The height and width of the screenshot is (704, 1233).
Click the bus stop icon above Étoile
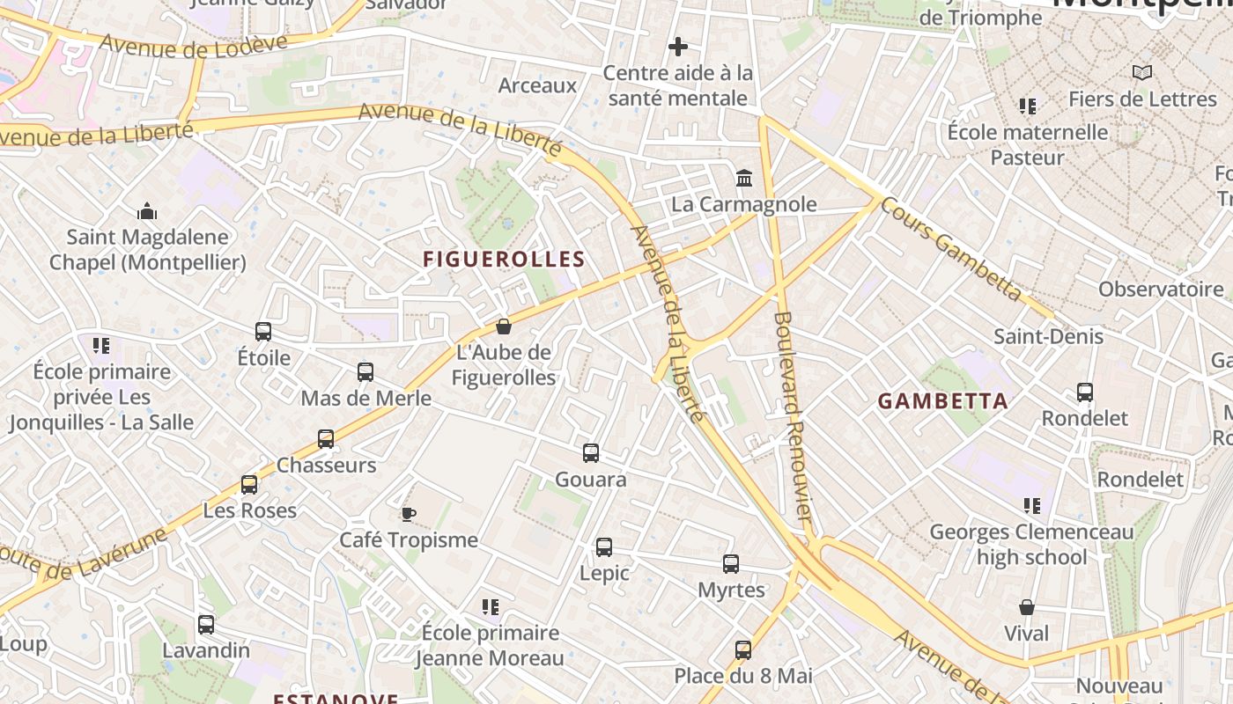(263, 332)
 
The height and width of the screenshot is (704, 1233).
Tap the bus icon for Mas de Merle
(365, 372)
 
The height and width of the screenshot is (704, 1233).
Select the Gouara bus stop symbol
(591, 453)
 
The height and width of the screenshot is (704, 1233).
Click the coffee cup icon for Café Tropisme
(408, 514)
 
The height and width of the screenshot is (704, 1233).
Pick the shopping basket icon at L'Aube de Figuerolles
(504, 326)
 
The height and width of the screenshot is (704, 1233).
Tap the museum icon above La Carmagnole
(744, 179)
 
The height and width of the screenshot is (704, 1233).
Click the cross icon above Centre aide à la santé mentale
(677, 47)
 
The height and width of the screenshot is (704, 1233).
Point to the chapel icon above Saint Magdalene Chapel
(147, 211)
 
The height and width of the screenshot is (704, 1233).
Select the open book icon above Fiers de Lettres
(1142, 73)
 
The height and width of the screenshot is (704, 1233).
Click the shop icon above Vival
(1027, 607)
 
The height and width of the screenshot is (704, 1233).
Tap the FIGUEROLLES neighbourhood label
(504, 259)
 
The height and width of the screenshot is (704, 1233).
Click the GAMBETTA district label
(943, 401)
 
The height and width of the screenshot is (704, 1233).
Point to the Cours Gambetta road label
(952, 249)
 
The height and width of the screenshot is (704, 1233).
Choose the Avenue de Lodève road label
(193, 45)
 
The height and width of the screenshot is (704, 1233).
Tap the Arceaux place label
(537, 85)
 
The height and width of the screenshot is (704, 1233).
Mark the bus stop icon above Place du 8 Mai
(743, 650)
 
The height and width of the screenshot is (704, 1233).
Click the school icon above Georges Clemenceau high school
(1032, 506)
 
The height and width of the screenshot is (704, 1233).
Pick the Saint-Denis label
(1048, 336)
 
